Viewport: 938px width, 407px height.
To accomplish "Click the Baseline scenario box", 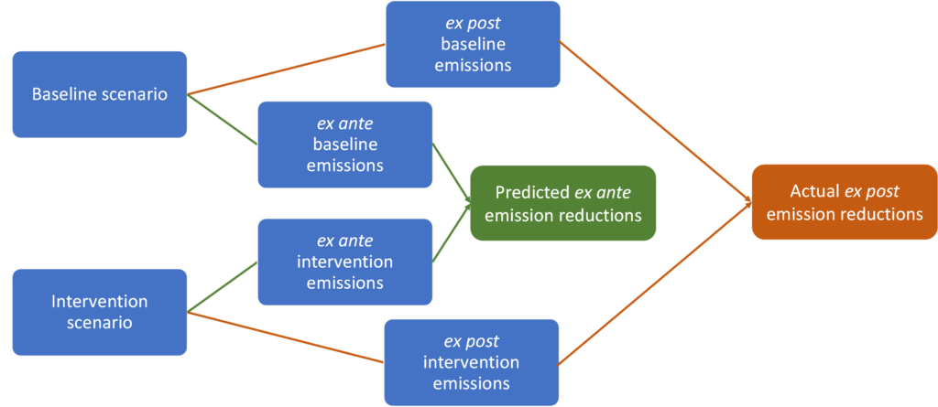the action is (99, 94).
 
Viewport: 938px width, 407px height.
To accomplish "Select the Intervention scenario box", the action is (99, 312).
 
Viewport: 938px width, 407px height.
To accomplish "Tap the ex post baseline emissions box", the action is (473, 44).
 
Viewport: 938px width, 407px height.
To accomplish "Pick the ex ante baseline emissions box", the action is (345, 145).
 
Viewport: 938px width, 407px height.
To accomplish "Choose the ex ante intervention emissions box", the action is (345, 262).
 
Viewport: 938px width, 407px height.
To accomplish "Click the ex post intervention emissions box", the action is (472, 362).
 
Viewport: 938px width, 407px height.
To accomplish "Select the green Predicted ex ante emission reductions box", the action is (563, 203).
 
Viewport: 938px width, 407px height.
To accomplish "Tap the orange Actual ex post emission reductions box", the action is (845, 202).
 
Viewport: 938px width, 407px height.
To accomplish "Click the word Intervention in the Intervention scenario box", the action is (99, 301).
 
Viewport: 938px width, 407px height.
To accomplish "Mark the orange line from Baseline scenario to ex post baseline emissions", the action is (286, 69).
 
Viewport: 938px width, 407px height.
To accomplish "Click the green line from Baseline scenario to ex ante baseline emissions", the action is (223, 120).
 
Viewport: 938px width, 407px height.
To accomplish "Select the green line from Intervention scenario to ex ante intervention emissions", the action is (223, 287).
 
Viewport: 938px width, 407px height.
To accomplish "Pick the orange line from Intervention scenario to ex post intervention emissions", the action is (286, 337).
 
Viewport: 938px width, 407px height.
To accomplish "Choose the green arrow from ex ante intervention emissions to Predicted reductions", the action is (452, 233).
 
